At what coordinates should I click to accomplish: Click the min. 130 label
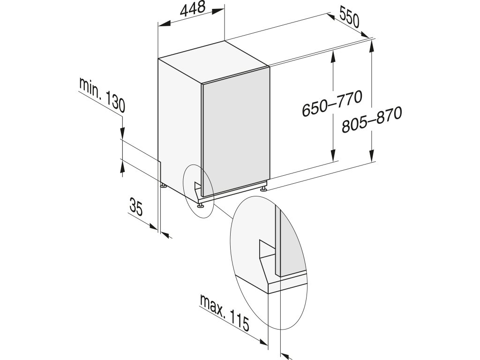pos(102,97)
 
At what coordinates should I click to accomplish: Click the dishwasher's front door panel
pos(234,127)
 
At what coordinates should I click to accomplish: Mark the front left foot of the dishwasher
pos(201,204)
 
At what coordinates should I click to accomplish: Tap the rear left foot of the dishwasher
pos(163,186)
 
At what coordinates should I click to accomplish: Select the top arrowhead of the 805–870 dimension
pos(372,45)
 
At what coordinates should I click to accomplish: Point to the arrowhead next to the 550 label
pos(366,35)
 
